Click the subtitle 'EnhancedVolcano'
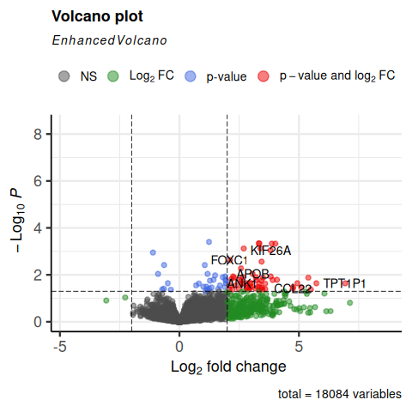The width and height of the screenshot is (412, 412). [x=109, y=40]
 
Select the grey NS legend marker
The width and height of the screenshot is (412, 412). [x=64, y=76]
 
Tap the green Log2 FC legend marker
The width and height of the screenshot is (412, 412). [x=112, y=76]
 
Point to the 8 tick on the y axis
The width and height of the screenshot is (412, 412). [x=38, y=134]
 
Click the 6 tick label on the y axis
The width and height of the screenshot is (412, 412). [x=38, y=181]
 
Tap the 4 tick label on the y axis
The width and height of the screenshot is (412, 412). [x=38, y=228]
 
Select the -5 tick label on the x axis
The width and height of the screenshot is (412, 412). [x=59, y=346]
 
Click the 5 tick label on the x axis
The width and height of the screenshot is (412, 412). [x=299, y=346]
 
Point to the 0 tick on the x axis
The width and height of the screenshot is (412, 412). [x=179, y=346]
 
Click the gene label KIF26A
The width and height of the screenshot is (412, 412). [x=270, y=251]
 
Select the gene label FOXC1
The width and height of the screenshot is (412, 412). [x=229, y=260]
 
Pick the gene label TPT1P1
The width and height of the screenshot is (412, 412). [x=344, y=283]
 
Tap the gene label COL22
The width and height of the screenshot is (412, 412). [x=293, y=289]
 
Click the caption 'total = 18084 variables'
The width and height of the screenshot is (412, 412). [x=340, y=395]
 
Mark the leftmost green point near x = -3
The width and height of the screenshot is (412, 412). [x=106, y=300]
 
